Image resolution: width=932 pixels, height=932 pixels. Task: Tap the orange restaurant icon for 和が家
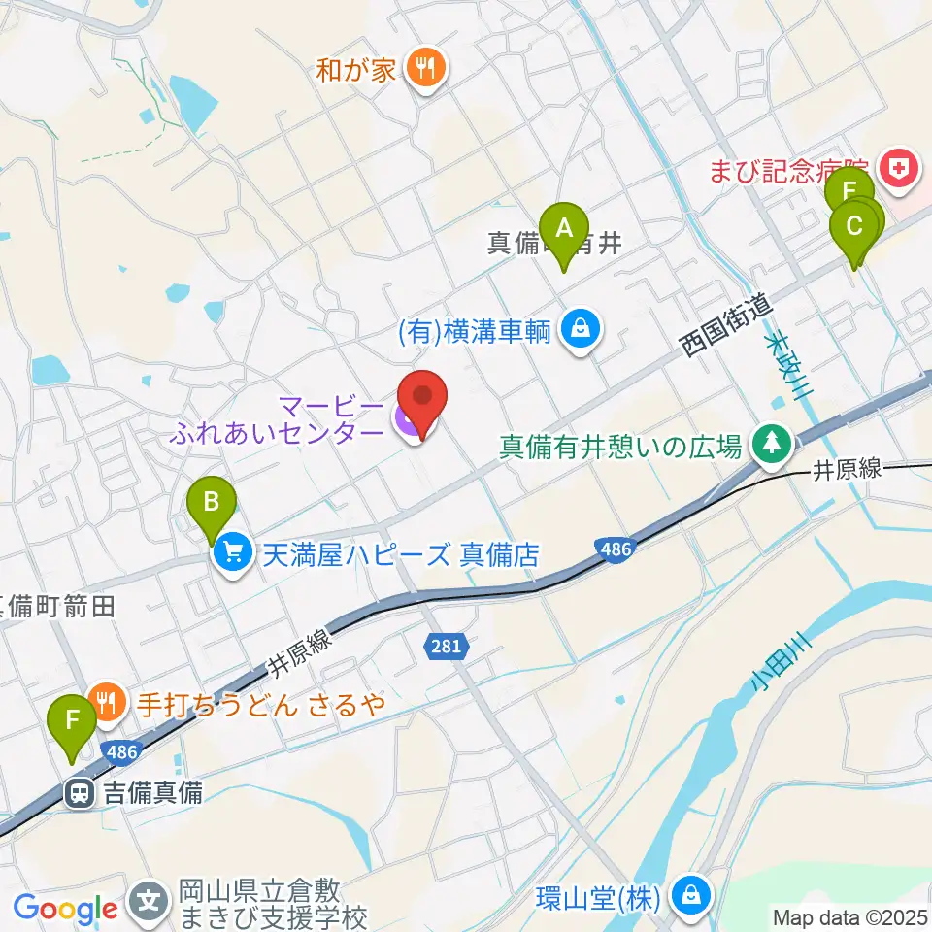click(x=424, y=68)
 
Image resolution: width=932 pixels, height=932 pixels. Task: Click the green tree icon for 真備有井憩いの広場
click(x=772, y=446)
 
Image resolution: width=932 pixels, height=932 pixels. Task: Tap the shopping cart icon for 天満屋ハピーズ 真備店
click(x=232, y=554)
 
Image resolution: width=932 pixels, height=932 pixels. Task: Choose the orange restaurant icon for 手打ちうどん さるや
click(x=106, y=702)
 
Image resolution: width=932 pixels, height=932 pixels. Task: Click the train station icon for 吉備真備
click(x=79, y=793)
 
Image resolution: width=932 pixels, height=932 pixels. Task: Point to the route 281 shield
click(x=447, y=644)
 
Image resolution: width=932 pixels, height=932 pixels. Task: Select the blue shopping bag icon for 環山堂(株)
click(x=690, y=893)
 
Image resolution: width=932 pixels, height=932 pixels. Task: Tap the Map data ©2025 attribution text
click(x=850, y=916)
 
